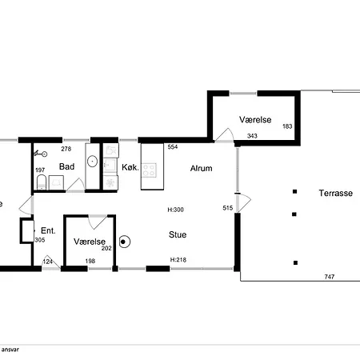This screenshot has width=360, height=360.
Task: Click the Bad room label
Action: pyautogui.click(x=66, y=166)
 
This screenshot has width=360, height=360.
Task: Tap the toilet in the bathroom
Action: pyautogui.click(x=42, y=182)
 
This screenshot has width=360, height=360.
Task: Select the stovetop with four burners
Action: pyautogui.click(x=149, y=170)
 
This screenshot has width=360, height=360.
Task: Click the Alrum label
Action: pyautogui.click(x=202, y=168)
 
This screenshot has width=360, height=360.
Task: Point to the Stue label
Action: pyautogui.click(x=178, y=234)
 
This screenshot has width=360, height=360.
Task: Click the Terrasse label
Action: pyautogui.click(x=336, y=193)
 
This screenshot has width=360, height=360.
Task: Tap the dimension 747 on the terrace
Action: pyautogui.click(x=330, y=277)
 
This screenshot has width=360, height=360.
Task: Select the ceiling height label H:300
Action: pyautogui.click(x=175, y=210)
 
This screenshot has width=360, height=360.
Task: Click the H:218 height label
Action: pyautogui.click(x=178, y=260)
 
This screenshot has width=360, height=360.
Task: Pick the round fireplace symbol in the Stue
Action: pyautogui.click(x=124, y=242)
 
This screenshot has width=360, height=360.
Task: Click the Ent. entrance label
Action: pyautogui.click(x=48, y=230)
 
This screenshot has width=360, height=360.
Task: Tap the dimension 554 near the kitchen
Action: pyautogui.click(x=173, y=146)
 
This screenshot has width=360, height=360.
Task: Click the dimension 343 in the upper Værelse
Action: pyautogui.click(x=252, y=136)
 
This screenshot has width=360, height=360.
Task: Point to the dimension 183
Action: pyautogui.click(x=287, y=126)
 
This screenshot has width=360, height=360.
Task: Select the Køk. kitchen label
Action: pyautogui.click(x=130, y=167)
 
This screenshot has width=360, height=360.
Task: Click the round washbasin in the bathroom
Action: pyautogui.click(x=92, y=161)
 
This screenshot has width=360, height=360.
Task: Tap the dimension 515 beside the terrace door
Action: pyautogui.click(x=228, y=208)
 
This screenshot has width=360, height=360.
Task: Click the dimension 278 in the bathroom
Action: pyautogui.click(x=66, y=149)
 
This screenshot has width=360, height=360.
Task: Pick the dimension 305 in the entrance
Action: pyautogui.click(x=40, y=240)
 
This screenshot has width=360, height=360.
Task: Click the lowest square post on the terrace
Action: pyautogui.click(x=295, y=262)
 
